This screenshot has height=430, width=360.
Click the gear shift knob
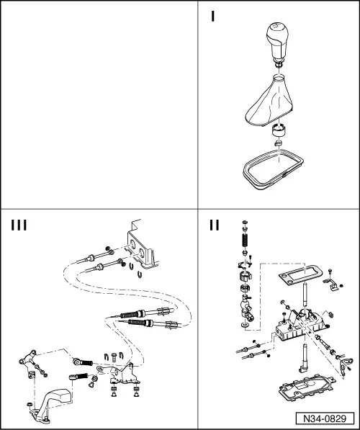[x=277, y=41]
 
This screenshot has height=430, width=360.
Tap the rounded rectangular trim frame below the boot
[x=274, y=170]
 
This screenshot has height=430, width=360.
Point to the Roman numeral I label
[x=213, y=17]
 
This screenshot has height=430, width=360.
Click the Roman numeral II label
[x=215, y=225]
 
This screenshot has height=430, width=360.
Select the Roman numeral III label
[x=19, y=225]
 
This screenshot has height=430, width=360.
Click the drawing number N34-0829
[x=325, y=418]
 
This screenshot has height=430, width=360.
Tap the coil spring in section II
[x=245, y=241]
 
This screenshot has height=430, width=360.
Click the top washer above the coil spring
[x=245, y=222]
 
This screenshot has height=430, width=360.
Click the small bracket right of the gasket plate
[x=331, y=284]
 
